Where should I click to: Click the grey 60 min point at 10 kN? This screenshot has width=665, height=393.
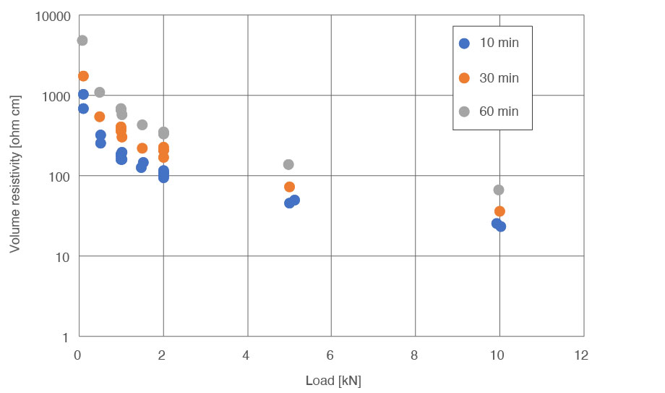[x=498, y=190]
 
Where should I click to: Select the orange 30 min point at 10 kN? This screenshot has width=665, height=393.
[x=499, y=211]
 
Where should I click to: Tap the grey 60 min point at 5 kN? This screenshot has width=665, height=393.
[x=288, y=165]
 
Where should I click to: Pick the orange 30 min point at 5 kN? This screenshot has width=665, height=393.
[x=289, y=187]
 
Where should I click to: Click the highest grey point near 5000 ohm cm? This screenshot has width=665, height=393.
[x=82, y=41]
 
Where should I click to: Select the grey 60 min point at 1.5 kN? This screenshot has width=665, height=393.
[x=142, y=125]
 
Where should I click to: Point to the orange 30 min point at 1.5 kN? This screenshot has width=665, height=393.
[x=142, y=148]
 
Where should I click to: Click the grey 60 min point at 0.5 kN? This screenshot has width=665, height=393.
[x=100, y=93]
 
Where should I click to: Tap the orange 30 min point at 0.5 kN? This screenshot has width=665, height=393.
[x=100, y=117]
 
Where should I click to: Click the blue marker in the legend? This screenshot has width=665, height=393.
[x=465, y=43]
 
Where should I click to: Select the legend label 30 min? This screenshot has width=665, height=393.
[x=499, y=78]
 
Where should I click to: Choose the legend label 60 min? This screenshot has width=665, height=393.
[x=499, y=111]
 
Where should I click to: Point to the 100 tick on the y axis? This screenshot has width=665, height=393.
[x=59, y=177]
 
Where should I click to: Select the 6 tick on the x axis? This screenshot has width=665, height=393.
[x=331, y=355]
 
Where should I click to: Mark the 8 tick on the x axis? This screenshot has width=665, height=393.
[x=415, y=355]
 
